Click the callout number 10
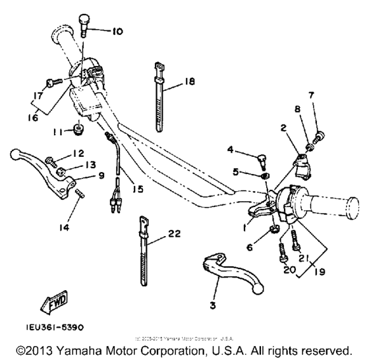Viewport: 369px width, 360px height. [x=117, y=31]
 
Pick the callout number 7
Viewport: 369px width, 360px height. [x=312, y=95]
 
